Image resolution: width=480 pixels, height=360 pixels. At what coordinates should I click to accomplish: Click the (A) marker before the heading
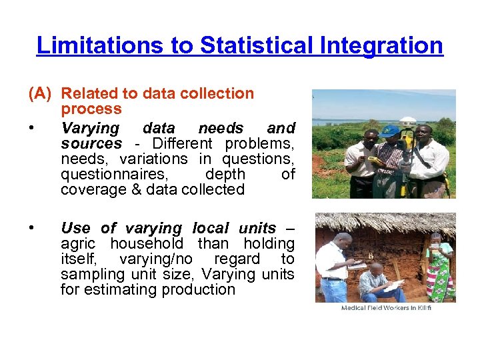tap(41, 94)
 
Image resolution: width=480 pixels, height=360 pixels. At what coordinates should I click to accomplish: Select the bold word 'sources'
tap(91, 144)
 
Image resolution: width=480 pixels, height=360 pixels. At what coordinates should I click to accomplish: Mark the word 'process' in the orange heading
tap(91, 109)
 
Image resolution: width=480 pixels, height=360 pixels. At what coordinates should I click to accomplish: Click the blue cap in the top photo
tap(389, 129)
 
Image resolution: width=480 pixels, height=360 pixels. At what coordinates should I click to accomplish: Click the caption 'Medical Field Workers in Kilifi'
tap(386, 308)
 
